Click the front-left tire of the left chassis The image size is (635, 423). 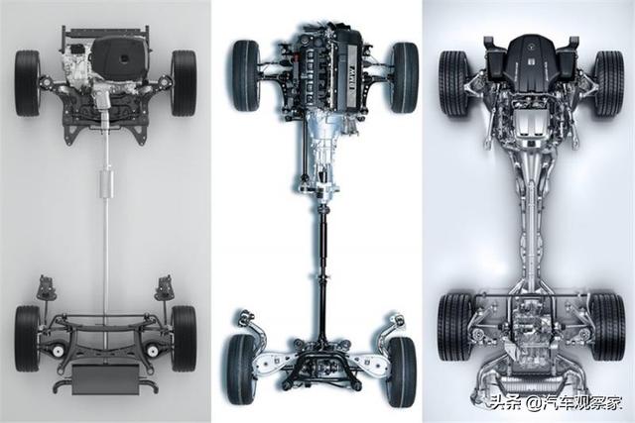pos(28,83)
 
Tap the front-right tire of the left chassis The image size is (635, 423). pos(184,83)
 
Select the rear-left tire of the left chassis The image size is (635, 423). pos(28,339)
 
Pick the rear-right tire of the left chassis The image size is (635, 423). pos(184,339)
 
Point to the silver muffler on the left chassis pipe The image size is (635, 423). pos(106,184)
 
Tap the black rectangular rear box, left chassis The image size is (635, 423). pos(106,379)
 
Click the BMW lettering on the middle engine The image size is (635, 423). pos(351,76)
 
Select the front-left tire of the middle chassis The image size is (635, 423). pos(246,75)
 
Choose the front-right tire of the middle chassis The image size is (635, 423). pos(405,77)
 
